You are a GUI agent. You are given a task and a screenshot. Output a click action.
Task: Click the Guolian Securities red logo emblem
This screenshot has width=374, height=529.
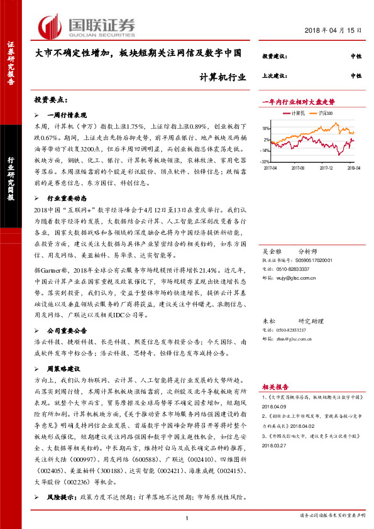pos(51,26)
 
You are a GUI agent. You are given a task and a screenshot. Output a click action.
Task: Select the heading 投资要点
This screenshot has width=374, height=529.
pos(51,100)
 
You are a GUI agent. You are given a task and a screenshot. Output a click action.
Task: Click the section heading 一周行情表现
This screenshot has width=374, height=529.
pos(67,116)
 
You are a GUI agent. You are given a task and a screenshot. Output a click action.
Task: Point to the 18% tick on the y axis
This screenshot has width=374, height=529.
pos(266,128)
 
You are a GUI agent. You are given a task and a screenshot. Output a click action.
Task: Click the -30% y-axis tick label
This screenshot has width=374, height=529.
pos(266,160)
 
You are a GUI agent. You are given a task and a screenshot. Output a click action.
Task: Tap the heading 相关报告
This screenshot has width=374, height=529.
pos(275,388)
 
